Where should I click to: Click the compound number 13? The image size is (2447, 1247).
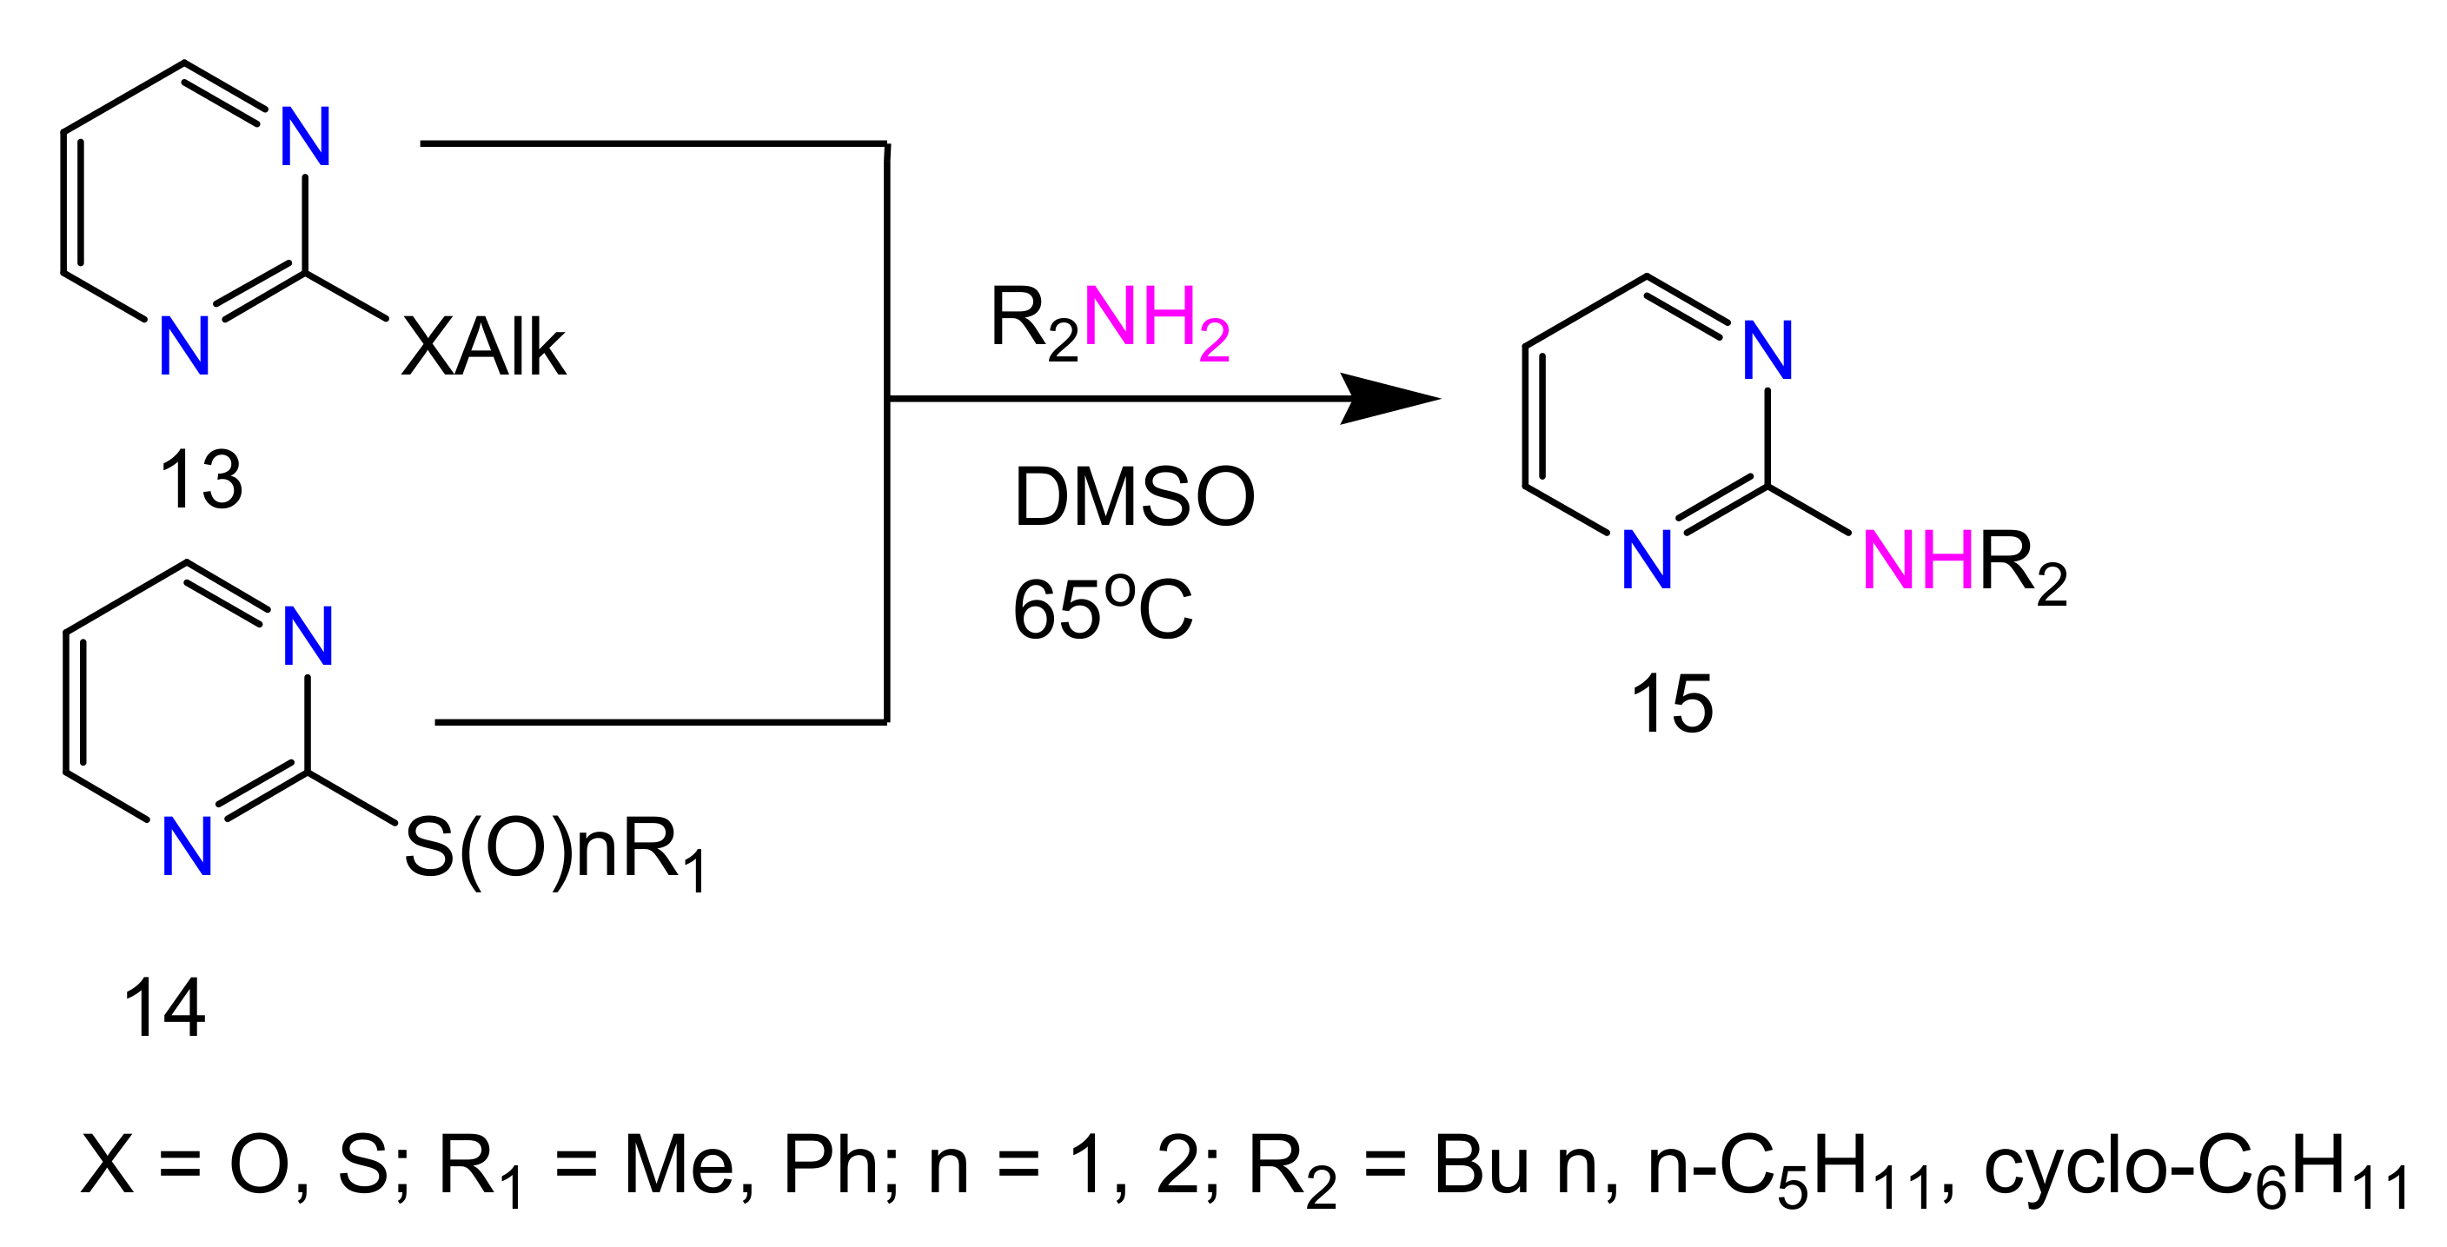click(x=202, y=480)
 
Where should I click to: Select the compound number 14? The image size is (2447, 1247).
click(x=164, y=1009)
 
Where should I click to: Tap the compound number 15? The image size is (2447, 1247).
click(x=1671, y=704)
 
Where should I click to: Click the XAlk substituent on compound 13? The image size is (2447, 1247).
click(x=483, y=348)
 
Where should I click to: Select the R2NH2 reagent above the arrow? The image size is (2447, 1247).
click(x=1110, y=320)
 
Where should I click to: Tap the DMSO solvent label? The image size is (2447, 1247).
click(x=1134, y=497)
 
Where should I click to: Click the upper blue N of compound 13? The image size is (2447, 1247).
click(x=306, y=136)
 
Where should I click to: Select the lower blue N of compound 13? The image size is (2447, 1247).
click(x=184, y=348)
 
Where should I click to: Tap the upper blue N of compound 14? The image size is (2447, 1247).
click(x=308, y=636)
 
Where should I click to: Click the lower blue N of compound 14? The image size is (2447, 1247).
click(x=187, y=847)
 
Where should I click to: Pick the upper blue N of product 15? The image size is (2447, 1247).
click(x=1767, y=350)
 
